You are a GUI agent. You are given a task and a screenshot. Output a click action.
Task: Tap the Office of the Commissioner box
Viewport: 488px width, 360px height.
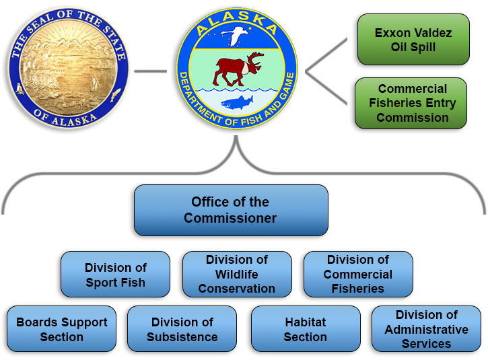[230, 210]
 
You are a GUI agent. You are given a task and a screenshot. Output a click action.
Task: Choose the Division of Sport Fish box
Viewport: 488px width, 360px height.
[115, 275]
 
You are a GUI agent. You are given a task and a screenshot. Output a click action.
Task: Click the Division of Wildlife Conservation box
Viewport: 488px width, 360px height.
[237, 275]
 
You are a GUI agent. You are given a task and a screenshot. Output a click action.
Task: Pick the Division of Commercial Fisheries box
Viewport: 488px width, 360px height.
[358, 275]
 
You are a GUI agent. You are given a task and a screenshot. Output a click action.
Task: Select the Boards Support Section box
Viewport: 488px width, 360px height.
[61, 330]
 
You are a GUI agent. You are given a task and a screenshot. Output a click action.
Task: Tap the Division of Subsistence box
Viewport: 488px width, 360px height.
[182, 330]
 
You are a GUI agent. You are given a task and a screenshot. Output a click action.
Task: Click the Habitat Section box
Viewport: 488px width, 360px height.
[306, 330]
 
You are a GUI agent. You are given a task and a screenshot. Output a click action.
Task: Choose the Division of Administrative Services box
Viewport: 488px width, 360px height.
[426, 330]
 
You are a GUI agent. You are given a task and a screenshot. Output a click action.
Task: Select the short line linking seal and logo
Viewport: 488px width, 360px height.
[150, 70]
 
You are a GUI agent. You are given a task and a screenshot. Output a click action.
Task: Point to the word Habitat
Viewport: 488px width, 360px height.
[306, 322]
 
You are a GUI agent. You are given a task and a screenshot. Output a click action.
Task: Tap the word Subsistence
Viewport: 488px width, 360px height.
[182, 337]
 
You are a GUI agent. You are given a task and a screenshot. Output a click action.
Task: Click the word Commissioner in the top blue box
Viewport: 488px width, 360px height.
[230, 218]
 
